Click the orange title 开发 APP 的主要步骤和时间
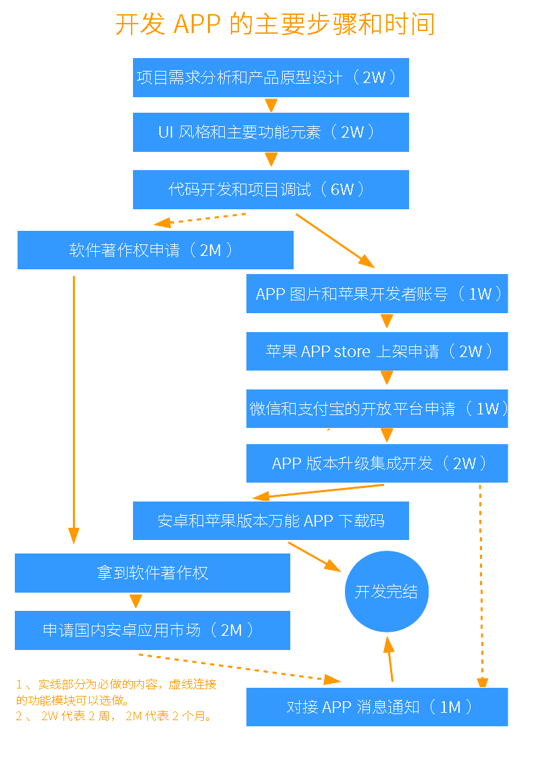(x=275, y=24)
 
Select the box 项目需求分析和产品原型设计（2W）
(x=271, y=78)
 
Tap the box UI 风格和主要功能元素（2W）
(x=271, y=132)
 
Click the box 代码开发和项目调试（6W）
(x=271, y=190)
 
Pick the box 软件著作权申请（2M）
(x=155, y=250)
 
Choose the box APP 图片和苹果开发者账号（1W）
(x=377, y=294)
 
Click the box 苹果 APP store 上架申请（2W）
(x=377, y=351)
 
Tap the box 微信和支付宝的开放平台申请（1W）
(x=377, y=408)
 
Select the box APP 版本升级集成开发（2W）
(x=377, y=463)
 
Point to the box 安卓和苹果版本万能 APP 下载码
(x=271, y=520)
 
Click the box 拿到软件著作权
(x=153, y=573)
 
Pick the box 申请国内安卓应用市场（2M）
(x=153, y=630)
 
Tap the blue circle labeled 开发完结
(x=387, y=591)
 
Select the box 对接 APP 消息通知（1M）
(x=377, y=707)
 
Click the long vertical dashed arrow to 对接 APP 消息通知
(x=481, y=586)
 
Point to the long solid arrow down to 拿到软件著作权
(x=74, y=410)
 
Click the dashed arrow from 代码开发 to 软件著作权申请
(x=200, y=219)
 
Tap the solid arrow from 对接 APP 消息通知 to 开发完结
(x=390, y=659)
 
